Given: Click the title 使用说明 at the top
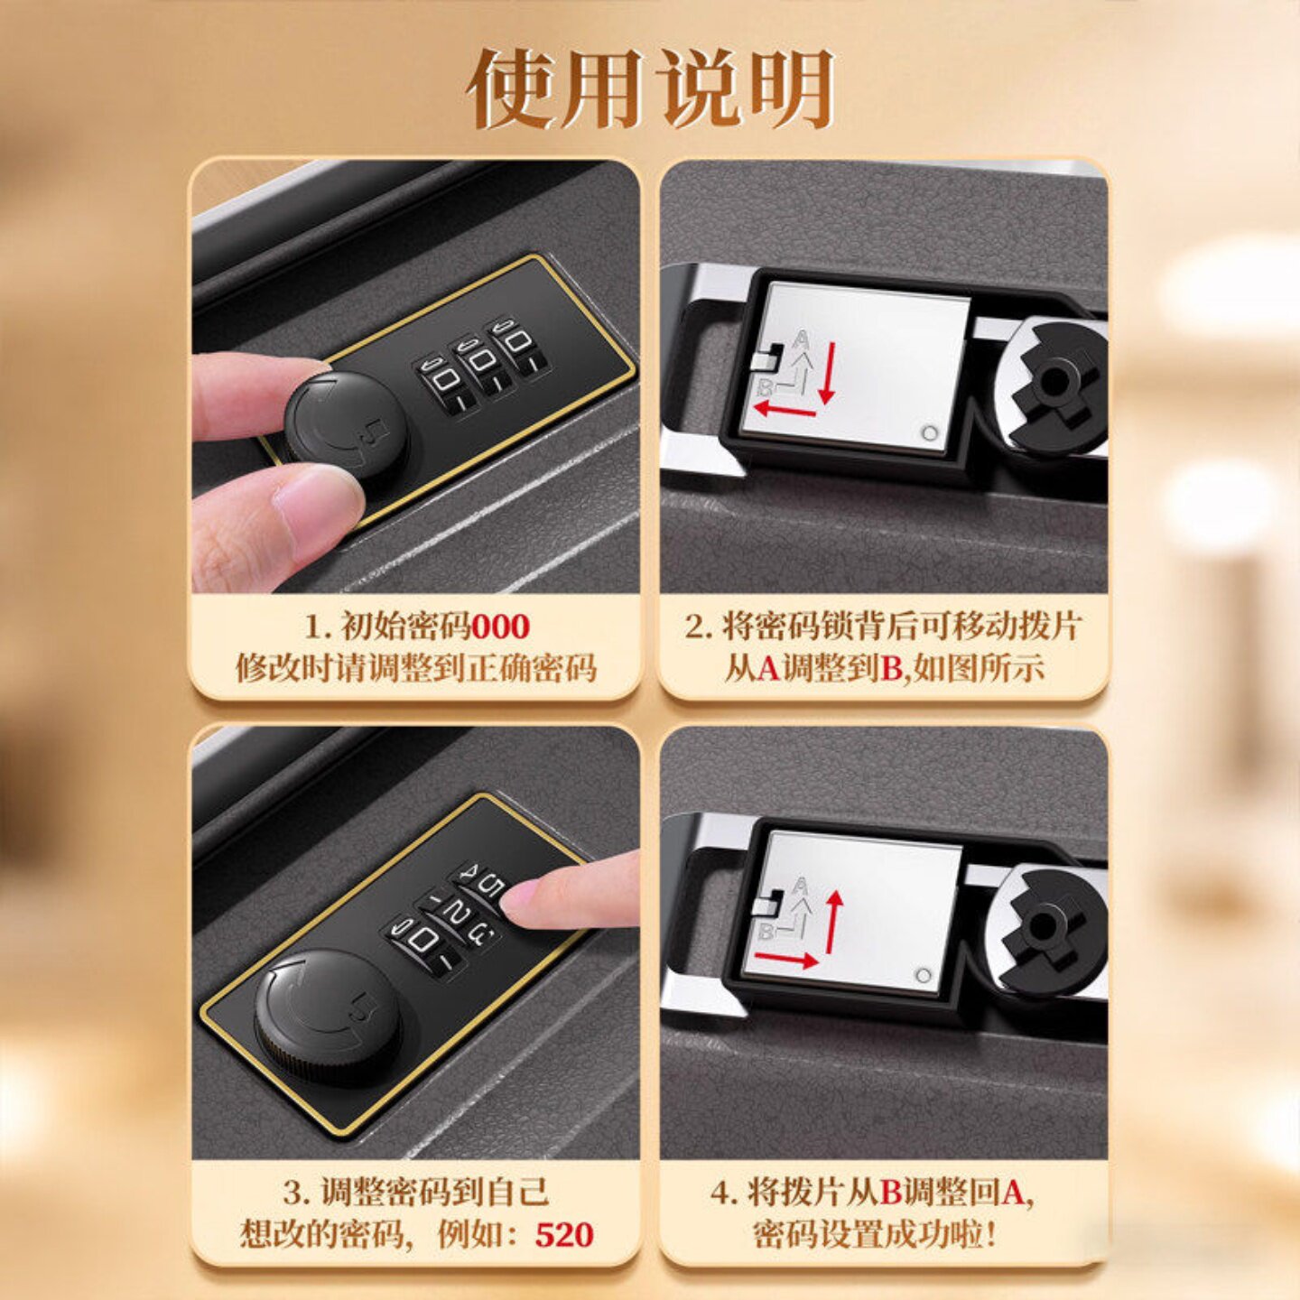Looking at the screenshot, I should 650,88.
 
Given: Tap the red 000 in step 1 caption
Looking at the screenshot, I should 501,627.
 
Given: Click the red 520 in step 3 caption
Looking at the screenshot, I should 564,1234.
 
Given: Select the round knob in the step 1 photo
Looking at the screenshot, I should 346,424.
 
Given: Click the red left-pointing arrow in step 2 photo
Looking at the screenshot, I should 785,411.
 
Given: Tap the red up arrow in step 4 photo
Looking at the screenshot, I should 834,921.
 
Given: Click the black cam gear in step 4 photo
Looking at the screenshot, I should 1047,930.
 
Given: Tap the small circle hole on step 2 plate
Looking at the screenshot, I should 929,433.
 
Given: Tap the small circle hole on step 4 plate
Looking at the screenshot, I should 924,976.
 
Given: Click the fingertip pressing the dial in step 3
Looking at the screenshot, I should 533,898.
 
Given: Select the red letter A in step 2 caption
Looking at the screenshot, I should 766,669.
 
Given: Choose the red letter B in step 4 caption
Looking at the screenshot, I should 891,1193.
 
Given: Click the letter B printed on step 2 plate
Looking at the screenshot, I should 765,388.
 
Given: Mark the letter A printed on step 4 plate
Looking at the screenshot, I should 800,887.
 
